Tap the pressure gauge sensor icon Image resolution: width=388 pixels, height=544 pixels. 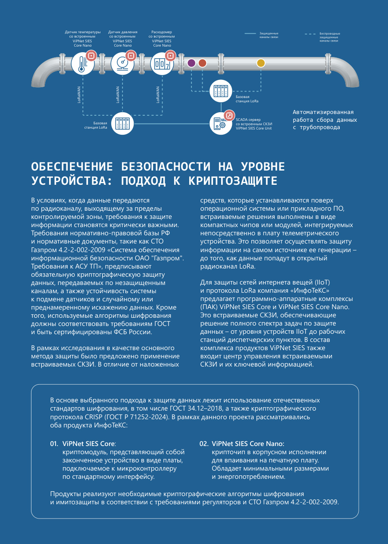(122, 63)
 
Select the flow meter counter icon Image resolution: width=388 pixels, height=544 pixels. (162, 63)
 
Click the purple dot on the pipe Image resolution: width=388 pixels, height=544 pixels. (192, 63)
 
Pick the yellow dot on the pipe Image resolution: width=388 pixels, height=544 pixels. (260, 63)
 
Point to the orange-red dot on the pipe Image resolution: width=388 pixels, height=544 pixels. (202, 63)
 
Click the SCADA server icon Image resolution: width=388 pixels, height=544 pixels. (221, 123)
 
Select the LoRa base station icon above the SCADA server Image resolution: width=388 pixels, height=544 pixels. (221, 91)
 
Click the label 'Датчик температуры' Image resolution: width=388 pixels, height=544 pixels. (83, 32)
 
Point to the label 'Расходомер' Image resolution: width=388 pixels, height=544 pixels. (162, 32)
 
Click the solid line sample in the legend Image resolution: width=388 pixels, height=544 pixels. (251, 33)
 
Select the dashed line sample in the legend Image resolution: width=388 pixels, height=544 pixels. (311, 33)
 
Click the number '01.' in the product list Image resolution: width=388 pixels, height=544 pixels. (54, 443)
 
